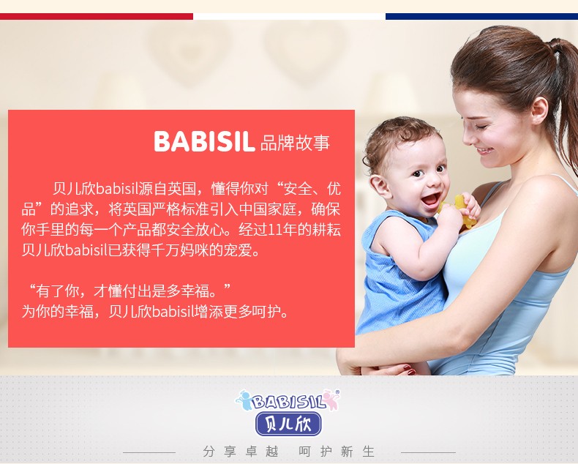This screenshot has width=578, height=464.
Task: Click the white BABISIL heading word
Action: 204,141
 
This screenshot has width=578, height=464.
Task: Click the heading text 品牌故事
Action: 295,143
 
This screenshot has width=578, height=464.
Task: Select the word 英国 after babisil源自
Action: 181,189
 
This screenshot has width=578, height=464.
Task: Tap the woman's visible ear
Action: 540,111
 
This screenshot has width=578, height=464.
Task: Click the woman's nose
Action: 468,138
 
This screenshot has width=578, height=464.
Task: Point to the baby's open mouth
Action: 431,200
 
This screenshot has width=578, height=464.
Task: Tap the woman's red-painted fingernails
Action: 409,370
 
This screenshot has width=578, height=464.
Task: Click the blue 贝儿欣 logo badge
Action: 288,424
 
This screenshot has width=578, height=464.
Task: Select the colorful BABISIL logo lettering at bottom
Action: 288,401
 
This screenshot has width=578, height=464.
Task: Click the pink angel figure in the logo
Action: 331,400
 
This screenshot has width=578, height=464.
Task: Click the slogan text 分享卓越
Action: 240,451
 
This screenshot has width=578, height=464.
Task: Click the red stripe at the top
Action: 96,17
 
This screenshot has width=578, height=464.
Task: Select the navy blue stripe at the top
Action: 482,17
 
